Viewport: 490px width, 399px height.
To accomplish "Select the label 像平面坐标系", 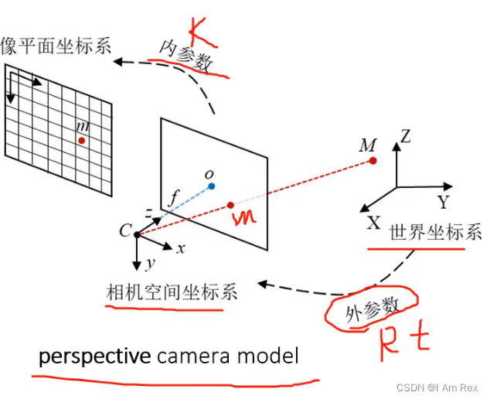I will coord(56,44).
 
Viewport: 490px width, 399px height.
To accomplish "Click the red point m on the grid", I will coord(81,140).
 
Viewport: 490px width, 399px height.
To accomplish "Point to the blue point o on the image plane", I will coord(211,186).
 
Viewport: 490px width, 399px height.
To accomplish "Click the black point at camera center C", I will coord(137,234).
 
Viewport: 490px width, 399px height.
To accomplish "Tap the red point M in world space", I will coord(373,160).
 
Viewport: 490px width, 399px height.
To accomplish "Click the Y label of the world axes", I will coord(443,203).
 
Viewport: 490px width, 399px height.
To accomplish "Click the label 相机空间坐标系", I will coord(171,292).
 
